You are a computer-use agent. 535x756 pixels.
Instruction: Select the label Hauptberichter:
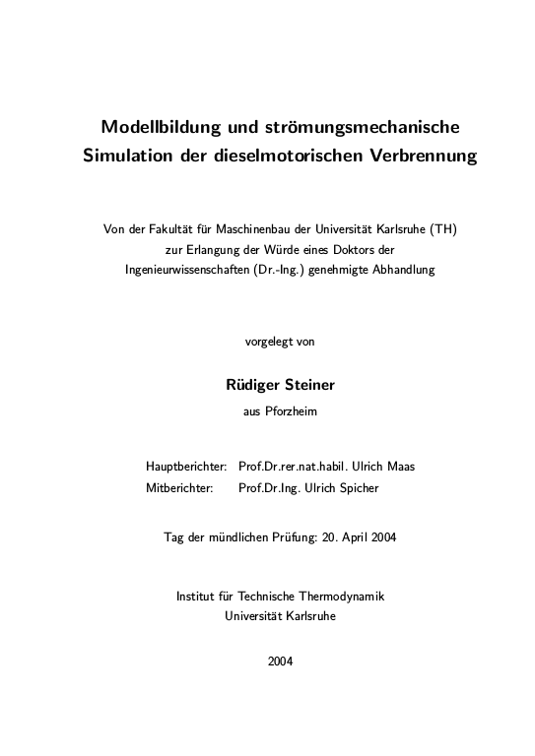pos(187,466)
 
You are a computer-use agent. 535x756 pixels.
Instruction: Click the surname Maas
pos(401,466)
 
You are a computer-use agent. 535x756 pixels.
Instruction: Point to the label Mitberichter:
pos(181,487)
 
